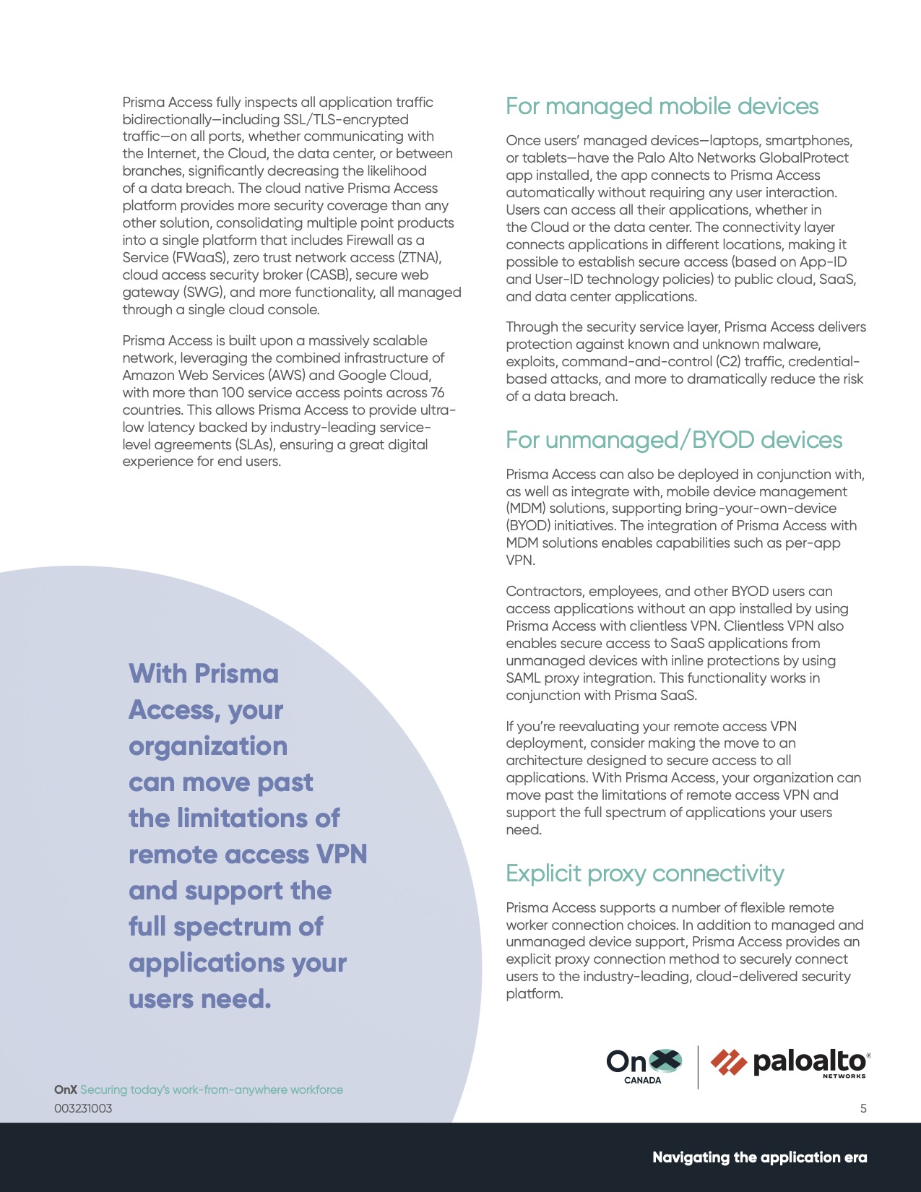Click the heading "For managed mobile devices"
click(x=662, y=106)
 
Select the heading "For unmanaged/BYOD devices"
click(x=673, y=440)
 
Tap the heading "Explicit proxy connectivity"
click(x=644, y=873)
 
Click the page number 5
click(x=863, y=1108)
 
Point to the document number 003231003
click(x=83, y=1108)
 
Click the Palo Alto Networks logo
click(x=790, y=1063)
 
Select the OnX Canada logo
click(x=644, y=1066)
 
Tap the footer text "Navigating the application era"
click(x=759, y=1157)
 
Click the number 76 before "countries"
click(x=437, y=393)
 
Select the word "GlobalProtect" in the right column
click(x=804, y=158)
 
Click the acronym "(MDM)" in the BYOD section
click(x=526, y=509)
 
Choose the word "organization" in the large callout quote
click(x=208, y=746)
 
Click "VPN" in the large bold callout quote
click(x=342, y=855)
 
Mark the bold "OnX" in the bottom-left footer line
click(x=65, y=1089)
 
